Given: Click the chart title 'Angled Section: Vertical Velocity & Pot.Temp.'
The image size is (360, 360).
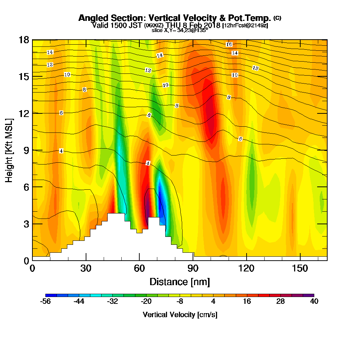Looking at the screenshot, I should (175, 18).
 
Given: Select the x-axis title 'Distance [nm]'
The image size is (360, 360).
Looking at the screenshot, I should (180, 281).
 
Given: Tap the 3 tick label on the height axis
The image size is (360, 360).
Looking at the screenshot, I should (26, 223).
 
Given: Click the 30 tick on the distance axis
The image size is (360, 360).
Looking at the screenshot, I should (86, 269).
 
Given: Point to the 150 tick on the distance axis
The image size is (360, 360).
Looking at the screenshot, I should (300, 269).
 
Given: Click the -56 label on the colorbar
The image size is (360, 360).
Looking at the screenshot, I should (46, 302).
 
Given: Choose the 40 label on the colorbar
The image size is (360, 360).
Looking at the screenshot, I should (314, 302).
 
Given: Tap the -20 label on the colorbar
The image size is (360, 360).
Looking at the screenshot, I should (146, 302).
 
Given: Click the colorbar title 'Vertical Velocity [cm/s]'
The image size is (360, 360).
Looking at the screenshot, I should (180, 315).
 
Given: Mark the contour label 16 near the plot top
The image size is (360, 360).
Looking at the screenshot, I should (229, 44).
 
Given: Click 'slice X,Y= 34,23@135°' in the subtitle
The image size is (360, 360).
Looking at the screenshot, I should (180, 30).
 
